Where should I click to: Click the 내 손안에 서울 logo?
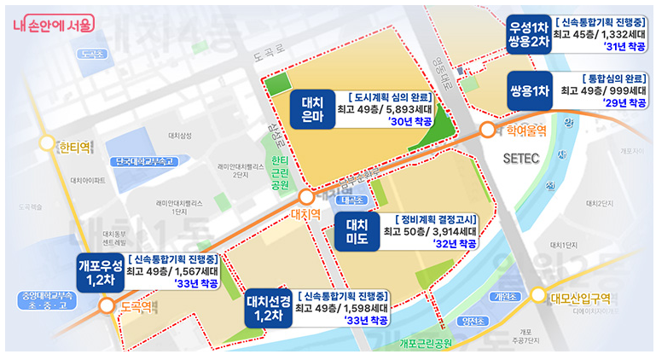coord(54,25)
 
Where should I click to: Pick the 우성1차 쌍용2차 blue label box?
coord(527,35)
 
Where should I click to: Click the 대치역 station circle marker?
coord(306,197)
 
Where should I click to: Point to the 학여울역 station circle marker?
coord(486,131)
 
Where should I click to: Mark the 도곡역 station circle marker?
coord(107,305)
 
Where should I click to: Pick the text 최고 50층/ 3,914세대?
coord(430,231)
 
